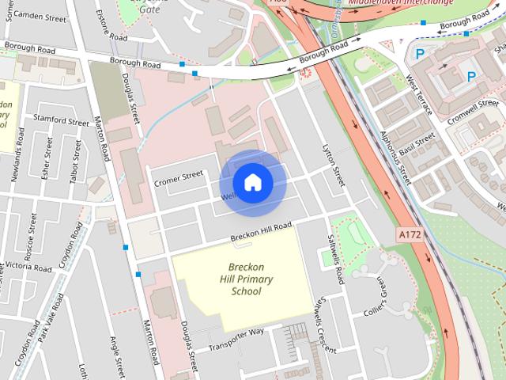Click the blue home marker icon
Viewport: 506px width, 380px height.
coord(252,183)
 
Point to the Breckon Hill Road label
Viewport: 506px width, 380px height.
coord(261,231)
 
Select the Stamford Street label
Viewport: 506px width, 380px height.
coord(61,122)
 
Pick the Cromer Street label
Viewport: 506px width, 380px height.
coord(179,177)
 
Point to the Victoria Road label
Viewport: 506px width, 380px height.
coord(28,268)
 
